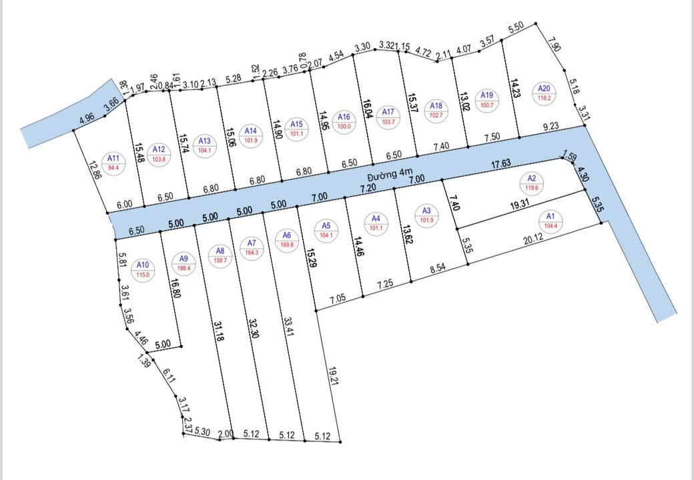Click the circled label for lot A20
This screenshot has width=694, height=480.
(545, 93)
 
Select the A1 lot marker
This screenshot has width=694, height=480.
(550, 221)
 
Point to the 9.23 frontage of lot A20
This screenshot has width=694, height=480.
(551, 125)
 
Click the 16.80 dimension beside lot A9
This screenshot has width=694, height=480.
(176, 291)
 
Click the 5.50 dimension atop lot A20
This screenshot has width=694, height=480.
(516, 29)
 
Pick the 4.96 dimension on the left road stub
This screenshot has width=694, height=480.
(86, 120)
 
